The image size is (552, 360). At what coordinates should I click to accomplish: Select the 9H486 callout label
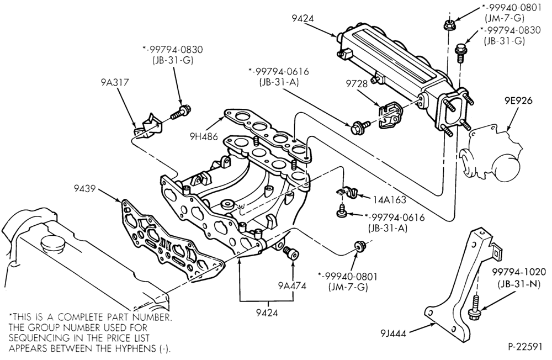[205, 136]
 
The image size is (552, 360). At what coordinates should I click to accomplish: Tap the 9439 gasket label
[84, 189]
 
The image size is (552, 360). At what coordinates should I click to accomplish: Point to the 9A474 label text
[292, 285]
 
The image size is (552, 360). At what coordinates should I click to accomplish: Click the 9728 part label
[357, 83]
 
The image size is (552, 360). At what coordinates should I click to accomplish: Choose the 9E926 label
[518, 100]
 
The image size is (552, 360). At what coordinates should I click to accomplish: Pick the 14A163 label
[390, 200]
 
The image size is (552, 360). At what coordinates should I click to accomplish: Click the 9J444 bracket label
[393, 333]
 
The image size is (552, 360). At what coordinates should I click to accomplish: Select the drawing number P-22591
[525, 347]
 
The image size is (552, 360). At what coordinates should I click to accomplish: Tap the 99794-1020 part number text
[519, 272]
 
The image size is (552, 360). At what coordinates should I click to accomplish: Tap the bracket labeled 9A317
[148, 126]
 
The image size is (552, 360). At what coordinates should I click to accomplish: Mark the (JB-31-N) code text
[519, 284]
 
